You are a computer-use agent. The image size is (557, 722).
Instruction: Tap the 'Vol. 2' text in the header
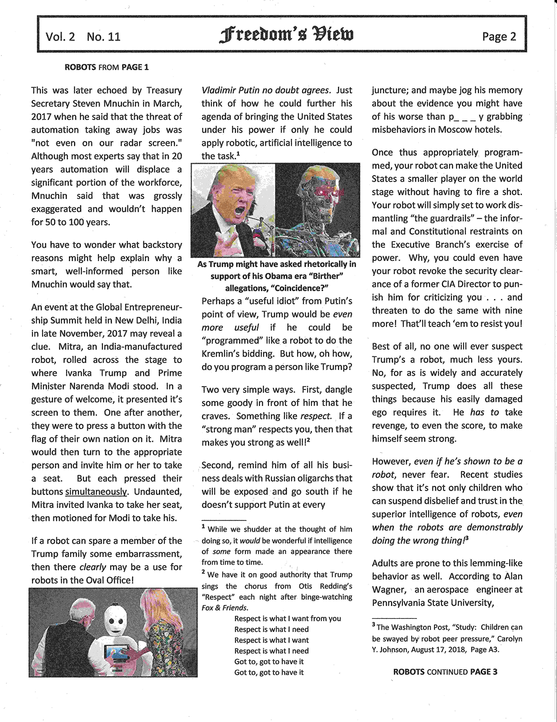[60, 36]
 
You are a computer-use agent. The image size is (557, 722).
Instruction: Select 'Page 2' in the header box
[499, 36]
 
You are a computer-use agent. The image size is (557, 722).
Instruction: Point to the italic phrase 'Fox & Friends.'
[225, 608]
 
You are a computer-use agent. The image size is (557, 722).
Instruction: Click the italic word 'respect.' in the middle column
[316, 416]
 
